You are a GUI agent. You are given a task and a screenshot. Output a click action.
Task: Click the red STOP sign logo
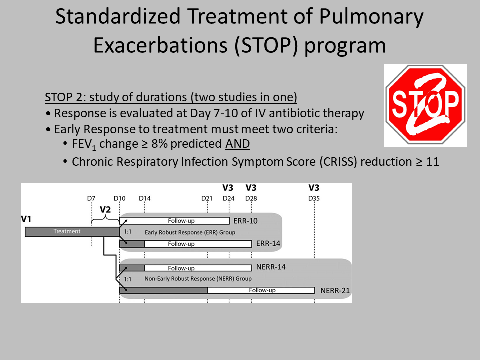pyautogui.click(x=425, y=105)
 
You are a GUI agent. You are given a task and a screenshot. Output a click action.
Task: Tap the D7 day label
pyautogui.click(x=91, y=198)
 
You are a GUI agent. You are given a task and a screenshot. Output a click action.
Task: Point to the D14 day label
pyautogui.click(x=145, y=198)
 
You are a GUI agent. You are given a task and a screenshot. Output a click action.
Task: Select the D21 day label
pyautogui.click(x=207, y=198)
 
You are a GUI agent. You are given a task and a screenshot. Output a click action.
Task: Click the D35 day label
pyautogui.click(x=314, y=198)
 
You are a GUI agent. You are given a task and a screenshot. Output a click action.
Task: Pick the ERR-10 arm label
pyautogui.click(x=245, y=221)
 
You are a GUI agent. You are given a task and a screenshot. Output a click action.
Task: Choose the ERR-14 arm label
pyautogui.click(x=268, y=244)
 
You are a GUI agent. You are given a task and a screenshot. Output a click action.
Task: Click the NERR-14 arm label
pyautogui.click(x=271, y=267)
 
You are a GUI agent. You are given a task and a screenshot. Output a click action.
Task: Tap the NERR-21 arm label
pyautogui.click(x=335, y=291)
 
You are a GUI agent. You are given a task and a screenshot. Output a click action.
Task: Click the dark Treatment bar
pyautogui.click(x=72, y=231)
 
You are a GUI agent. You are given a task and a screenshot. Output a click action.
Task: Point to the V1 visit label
pyautogui.click(x=26, y=219)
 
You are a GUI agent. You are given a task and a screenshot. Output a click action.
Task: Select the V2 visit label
pyautogui.click(x=105, y=209)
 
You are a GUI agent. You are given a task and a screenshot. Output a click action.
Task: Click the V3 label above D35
pyautogui.click(x=314, y=188)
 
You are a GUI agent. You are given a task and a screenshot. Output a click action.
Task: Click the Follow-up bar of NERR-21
pyautogui.click(x=261, y=290)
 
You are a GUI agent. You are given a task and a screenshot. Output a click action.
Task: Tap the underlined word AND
pyautogui.click(x=238, y=144)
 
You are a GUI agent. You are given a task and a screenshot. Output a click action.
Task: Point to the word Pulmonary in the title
pyautogui.click(x=371, y=17)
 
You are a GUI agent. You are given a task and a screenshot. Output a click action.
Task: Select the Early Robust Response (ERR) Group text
pyautogui.click(x=190, y=232)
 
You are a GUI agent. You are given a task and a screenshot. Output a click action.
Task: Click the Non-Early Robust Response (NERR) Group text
pyautogui.click(x=198, y=279)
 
